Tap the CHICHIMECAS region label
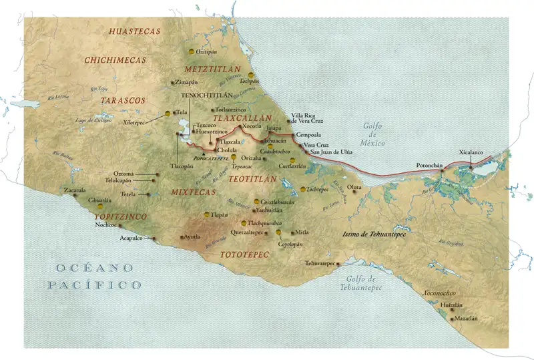tap(115, 60)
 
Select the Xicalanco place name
tap(471, 153)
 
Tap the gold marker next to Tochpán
tap(251, 75)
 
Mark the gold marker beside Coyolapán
tap(278, 232)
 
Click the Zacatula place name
tap(74, 190)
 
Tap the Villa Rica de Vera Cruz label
tap(307, 118)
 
